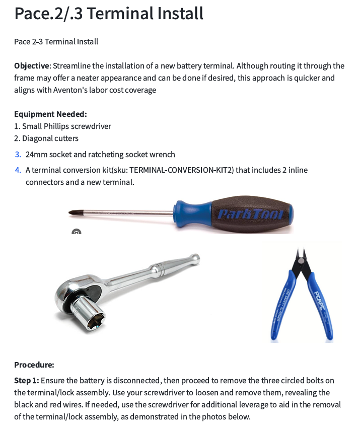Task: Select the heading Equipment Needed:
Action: coord(50,114)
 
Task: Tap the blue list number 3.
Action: coord(18,155)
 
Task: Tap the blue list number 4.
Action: coord(18,170)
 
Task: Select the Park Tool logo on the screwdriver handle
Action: coord(251,215)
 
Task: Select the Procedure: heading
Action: coord(34,365)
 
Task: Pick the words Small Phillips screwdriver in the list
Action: coord(66,126)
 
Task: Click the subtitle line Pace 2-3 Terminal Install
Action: coord(56,41)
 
